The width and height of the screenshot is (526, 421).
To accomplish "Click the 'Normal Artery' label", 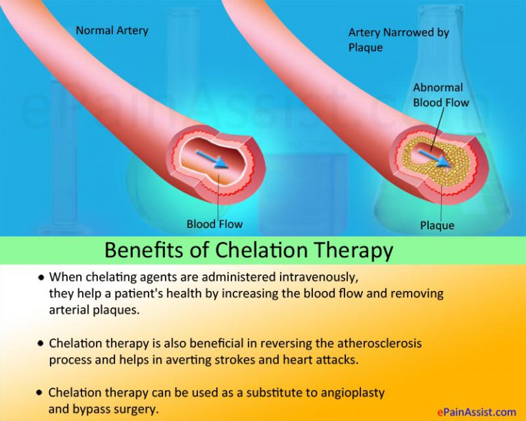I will [112, 30].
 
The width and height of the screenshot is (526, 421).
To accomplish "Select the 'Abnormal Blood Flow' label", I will [440, 95].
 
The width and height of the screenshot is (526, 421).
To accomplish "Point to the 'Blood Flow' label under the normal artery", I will [214, 224].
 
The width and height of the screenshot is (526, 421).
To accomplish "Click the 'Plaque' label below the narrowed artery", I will [436, 225].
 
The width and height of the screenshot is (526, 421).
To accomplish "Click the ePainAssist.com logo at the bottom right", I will [476, 412].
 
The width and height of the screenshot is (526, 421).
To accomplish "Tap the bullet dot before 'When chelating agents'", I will [42, 279].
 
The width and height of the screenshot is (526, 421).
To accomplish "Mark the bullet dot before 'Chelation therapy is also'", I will [42, 343].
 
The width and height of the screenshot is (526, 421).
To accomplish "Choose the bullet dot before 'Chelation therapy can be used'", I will [41, 394].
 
